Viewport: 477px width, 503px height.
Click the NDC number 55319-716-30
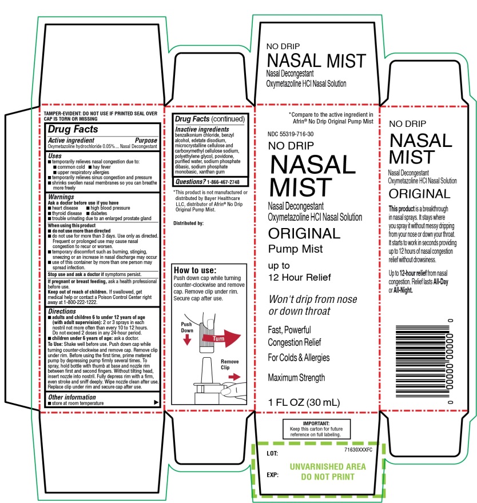coord(291,134)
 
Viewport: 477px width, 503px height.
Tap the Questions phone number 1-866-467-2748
coord(224,182)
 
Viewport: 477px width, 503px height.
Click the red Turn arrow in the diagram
coord(221,338)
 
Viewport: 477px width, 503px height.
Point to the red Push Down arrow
coord(187,340)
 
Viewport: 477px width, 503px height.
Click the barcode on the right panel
coord(424,361)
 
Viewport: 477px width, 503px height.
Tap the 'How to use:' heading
coord(195,270)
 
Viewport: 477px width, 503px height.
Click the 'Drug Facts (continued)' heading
coord(210,119)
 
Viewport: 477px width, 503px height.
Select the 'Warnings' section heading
coord(61,197)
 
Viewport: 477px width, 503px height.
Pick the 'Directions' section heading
coord(62,311)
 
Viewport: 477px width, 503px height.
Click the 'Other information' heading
coord(72,397)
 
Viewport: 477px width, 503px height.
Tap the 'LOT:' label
coord(272,453)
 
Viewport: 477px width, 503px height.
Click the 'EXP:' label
coord(272,475)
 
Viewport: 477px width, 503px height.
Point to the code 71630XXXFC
coord(358,450)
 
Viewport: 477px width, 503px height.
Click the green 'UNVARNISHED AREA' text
coord(328,466)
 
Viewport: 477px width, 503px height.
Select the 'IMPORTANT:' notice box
coord(316,429)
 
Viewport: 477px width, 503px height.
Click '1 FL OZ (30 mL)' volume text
coord(304,402)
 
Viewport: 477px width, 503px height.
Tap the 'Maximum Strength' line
coord(296,378)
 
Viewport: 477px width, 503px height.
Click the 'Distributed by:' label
coord(188,223)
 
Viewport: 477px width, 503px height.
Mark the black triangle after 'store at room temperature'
coord(156,402)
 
